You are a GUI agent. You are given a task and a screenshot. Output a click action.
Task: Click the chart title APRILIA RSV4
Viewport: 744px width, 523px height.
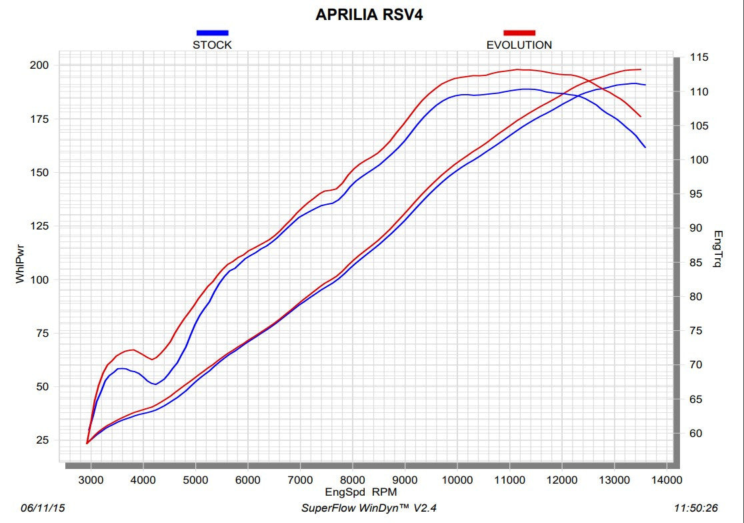pyautogui.click(x=369, y=15)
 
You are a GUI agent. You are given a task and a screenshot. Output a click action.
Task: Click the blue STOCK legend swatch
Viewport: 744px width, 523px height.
pyautogui.click(x=212, y=32)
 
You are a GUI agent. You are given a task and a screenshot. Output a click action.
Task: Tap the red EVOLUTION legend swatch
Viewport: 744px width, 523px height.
pyautogui.click(x=519, y=32)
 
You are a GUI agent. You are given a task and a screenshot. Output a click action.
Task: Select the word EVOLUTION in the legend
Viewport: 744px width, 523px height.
pyautogui.click(x=519, y=45)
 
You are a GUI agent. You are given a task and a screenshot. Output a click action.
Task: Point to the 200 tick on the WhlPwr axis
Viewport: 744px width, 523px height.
pyautogui.click(x=40, y=65)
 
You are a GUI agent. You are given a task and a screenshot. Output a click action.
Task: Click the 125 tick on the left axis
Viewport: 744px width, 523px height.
pyautogui.click(x=40, y=226)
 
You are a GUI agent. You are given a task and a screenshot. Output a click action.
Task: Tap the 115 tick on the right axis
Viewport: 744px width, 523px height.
pyautogui.click(x=699, y=57)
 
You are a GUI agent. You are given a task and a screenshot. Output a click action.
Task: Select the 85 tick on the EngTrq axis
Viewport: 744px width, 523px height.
pyautogui.click(x=696, y=263)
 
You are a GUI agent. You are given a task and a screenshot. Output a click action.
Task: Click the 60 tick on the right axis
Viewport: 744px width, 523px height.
pyautogui.click(x=696, y=434)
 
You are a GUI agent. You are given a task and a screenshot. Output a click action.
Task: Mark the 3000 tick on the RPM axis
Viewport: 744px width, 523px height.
pyautogui.click(x=91, y=480)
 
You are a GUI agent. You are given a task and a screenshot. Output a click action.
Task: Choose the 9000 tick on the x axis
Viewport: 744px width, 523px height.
pyautogui.click(x=405, y=480)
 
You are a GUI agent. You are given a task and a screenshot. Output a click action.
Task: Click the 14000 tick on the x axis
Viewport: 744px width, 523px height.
pyautogui.click(x=666, y=480)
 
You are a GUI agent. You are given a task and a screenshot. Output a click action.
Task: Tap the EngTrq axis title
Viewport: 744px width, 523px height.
pyautogui.click(x=717, y=249)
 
